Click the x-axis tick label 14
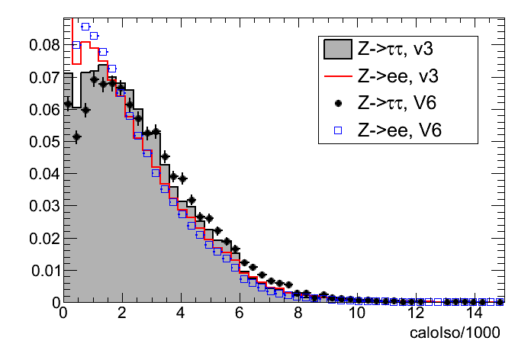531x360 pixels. coord(474,314)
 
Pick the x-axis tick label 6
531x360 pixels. coord(240,314)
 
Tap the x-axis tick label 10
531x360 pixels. coord(356,314)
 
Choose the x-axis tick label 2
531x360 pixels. coord(122,314)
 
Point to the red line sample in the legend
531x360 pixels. coord(337,76)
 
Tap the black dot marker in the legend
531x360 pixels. coord(337,104)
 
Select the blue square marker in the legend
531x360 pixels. coord(337,131)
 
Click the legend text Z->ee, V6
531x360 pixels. coord(400,131)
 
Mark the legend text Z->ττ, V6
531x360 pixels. coord(400,104)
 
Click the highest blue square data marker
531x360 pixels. coord(85,27)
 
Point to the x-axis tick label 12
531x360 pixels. coord(415,314)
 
